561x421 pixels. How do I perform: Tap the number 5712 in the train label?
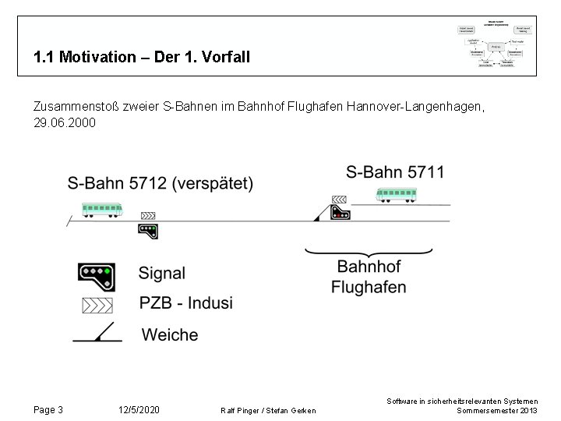pos(147,184)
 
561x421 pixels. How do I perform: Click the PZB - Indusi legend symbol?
pos(97,304)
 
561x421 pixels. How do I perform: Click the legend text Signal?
pos(162,274)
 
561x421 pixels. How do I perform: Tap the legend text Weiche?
pos(170,334)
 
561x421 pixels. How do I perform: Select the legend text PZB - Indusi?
pos(186,303)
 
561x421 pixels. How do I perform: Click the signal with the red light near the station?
pos(340,214)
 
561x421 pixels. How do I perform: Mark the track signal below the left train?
pos(147,230)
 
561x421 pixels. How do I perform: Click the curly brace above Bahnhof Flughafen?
pos(368,251)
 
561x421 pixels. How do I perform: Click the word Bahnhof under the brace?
pos(369,267)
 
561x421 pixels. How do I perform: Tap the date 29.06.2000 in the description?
pos(65,123)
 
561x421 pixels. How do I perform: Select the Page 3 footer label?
pos(48,409)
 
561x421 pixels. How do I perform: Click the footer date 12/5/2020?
pos(139,409)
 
